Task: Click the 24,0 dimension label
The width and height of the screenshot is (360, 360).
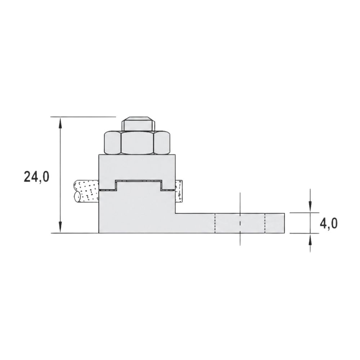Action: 36,177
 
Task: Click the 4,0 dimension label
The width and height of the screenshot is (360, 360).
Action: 329,223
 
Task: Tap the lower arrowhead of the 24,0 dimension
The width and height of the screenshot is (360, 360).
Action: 60,227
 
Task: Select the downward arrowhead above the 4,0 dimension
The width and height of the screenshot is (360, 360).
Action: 310,207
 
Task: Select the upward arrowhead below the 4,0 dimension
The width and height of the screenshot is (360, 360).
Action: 310,239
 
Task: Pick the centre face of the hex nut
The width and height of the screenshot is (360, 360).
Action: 137,142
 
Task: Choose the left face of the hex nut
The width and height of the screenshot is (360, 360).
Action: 112,142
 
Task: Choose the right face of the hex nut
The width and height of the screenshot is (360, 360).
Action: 162,142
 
